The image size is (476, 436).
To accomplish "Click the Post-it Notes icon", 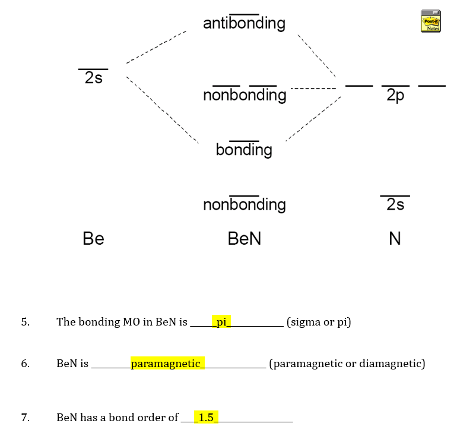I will pyautogui.click(x=431, y=21).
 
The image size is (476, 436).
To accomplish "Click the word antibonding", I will pyautogui.click(x=244, y=24).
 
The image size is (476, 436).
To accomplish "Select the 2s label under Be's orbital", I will pyautogui.click(x=93, y=78).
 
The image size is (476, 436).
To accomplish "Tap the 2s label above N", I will pyautogui.click(x=395, y=204).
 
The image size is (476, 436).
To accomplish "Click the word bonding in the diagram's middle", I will pyautogui.click(x=244, y=150).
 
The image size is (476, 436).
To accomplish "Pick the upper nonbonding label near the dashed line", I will pyautogui.click(x=245, y=96).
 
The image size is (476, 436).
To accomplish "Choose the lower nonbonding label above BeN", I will pyautogui.click(x=244, y=205).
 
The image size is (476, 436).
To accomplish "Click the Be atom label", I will pyautogui.click(x=93, y=239).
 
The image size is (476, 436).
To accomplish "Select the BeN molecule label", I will pyautogui.click(x=244, y=239).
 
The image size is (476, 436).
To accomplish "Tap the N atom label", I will pyautogui.click(x=395, y=239).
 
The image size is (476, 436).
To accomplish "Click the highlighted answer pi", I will pyautogui.click(x=222, y=322).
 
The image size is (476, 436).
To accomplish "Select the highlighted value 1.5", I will pyautogui.click(x=206, y=418).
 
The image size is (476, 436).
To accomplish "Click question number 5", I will pyautogui.click(x=24, y=322).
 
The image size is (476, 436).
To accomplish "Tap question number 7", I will pyautogui.click(x=24, y=418).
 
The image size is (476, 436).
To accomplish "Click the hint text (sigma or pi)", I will pyautogui.click(x=319, y=323).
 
